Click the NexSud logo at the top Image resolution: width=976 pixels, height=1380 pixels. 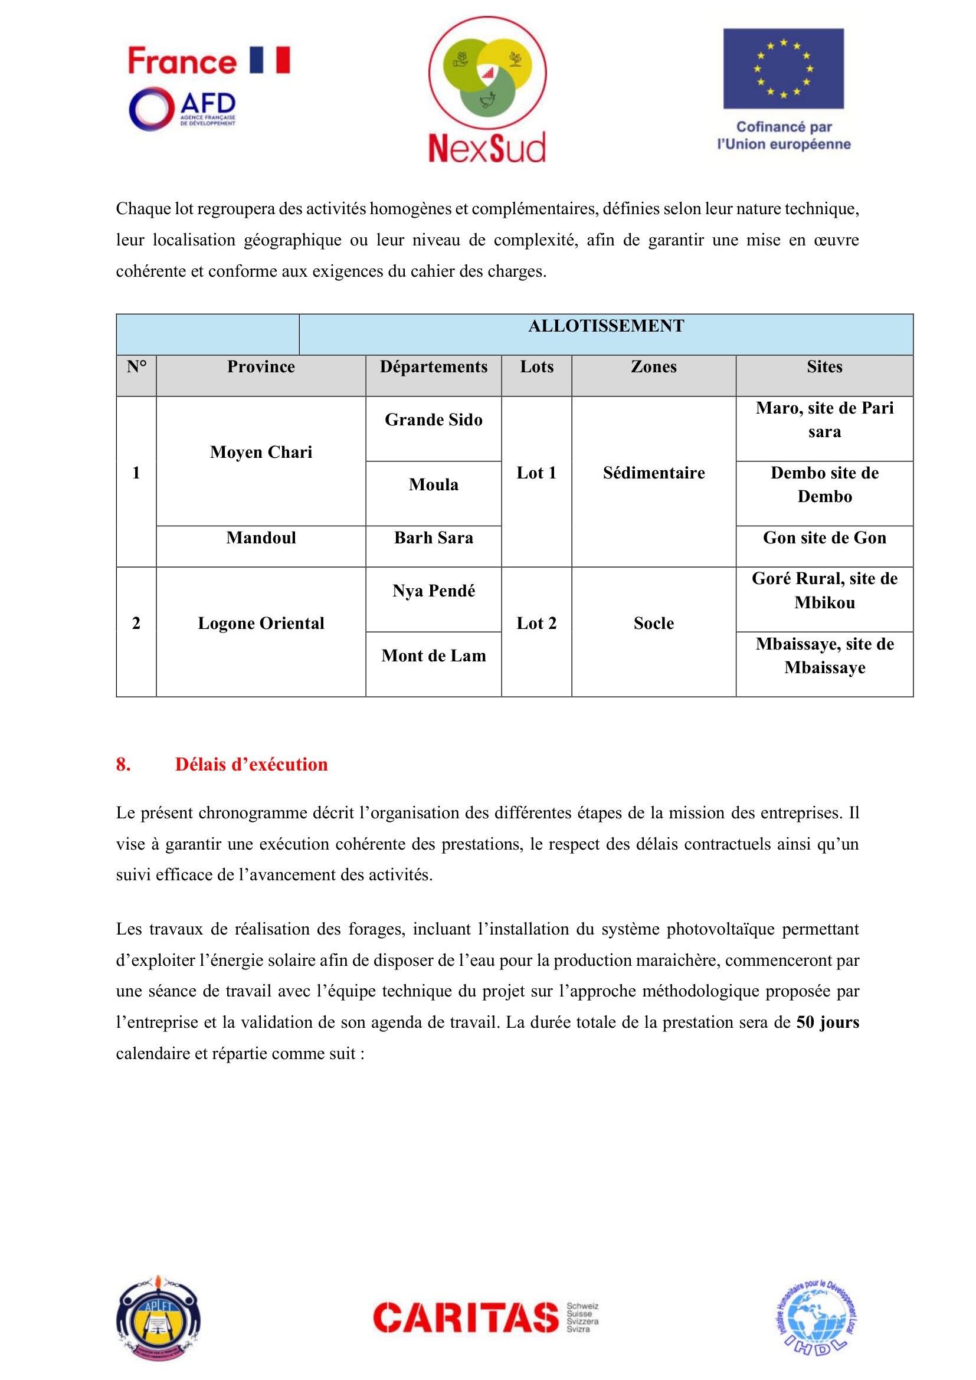[487, 90]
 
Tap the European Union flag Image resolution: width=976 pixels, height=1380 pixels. [783, 68]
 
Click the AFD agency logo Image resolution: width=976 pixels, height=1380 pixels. [182, 109]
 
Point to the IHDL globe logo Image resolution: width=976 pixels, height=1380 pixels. [815, 1317]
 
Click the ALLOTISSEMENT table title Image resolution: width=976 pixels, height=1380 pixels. [606, 326]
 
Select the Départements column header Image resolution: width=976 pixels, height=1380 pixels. [433, 367]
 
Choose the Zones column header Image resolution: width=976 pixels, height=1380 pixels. [653, 367]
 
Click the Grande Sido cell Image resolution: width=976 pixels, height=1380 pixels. [433, 420]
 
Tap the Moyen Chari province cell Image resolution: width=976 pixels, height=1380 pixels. [261, 453]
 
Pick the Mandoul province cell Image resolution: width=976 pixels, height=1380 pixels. [261, 538]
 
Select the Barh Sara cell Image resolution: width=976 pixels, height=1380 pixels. [433, 538]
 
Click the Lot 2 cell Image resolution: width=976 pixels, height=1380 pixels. [536, 623]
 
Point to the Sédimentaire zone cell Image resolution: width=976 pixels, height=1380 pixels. [653, 473]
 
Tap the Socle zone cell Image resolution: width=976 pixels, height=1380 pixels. [653, 623]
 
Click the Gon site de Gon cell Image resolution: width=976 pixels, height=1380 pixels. [824, 538]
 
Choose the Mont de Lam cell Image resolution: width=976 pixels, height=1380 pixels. [433, 655]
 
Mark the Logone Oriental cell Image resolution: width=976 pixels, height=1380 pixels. [261, 623]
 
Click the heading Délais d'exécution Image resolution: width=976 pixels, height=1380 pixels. [251, 765]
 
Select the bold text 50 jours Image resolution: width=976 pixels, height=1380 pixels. [827, 1022]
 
